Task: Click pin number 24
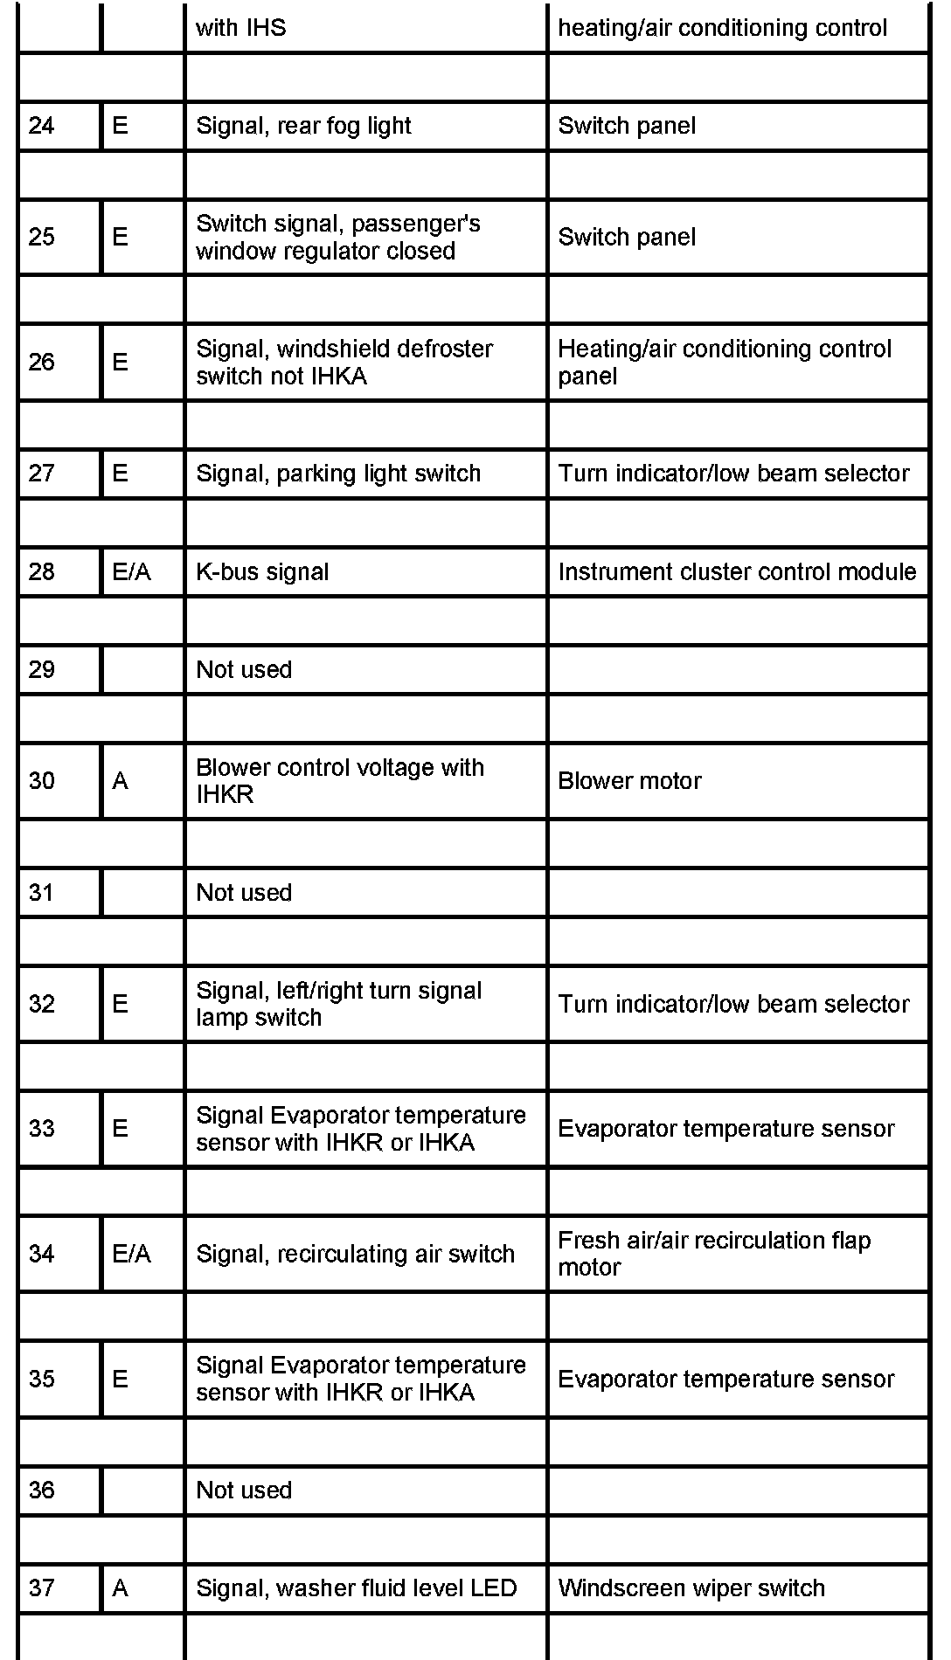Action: pyautogui.click(x=42, y=126)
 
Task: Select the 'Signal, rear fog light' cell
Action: pyautogui.click(x=303, y=126)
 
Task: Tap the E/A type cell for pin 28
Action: pyautogui.click(x=132, y=572)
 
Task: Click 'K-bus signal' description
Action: pyautogui.click(x=262, y=572)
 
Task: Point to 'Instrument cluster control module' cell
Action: pyautogui.click(x=737, y=572)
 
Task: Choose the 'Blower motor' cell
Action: pyautogui.click(x=629, y=781)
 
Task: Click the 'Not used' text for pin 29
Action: pyautogui.click(x=244, y=670)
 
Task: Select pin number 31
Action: pyautogui.click(x=42, y=893)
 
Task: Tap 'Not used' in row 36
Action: pyautogui.click(x=244, y=1491)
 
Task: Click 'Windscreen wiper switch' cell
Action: pyautogui.click(x=691, y=1588)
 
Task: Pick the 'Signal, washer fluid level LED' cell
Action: pyautogui.click(x=357, y=1588)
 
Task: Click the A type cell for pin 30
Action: pyautogui.click(x=121, y=781)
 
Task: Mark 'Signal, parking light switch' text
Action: pyautogui.click(x=338, y=474)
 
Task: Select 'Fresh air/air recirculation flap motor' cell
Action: pyautogui.click(x=714, y=1254)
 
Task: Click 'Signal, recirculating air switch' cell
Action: pyautogui.click(x=355, y=1255)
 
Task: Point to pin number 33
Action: pyautogui.click(x=42, y=1129)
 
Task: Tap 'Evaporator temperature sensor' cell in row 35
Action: pyautogui.click(x=725, y=1380)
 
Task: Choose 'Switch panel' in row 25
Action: pyautogui.click(x=627, y=238)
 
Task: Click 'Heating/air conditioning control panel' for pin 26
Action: pyautogui.click(x=725, y=363)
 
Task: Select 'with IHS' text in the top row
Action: pyautogui.click(x=240, y=28)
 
